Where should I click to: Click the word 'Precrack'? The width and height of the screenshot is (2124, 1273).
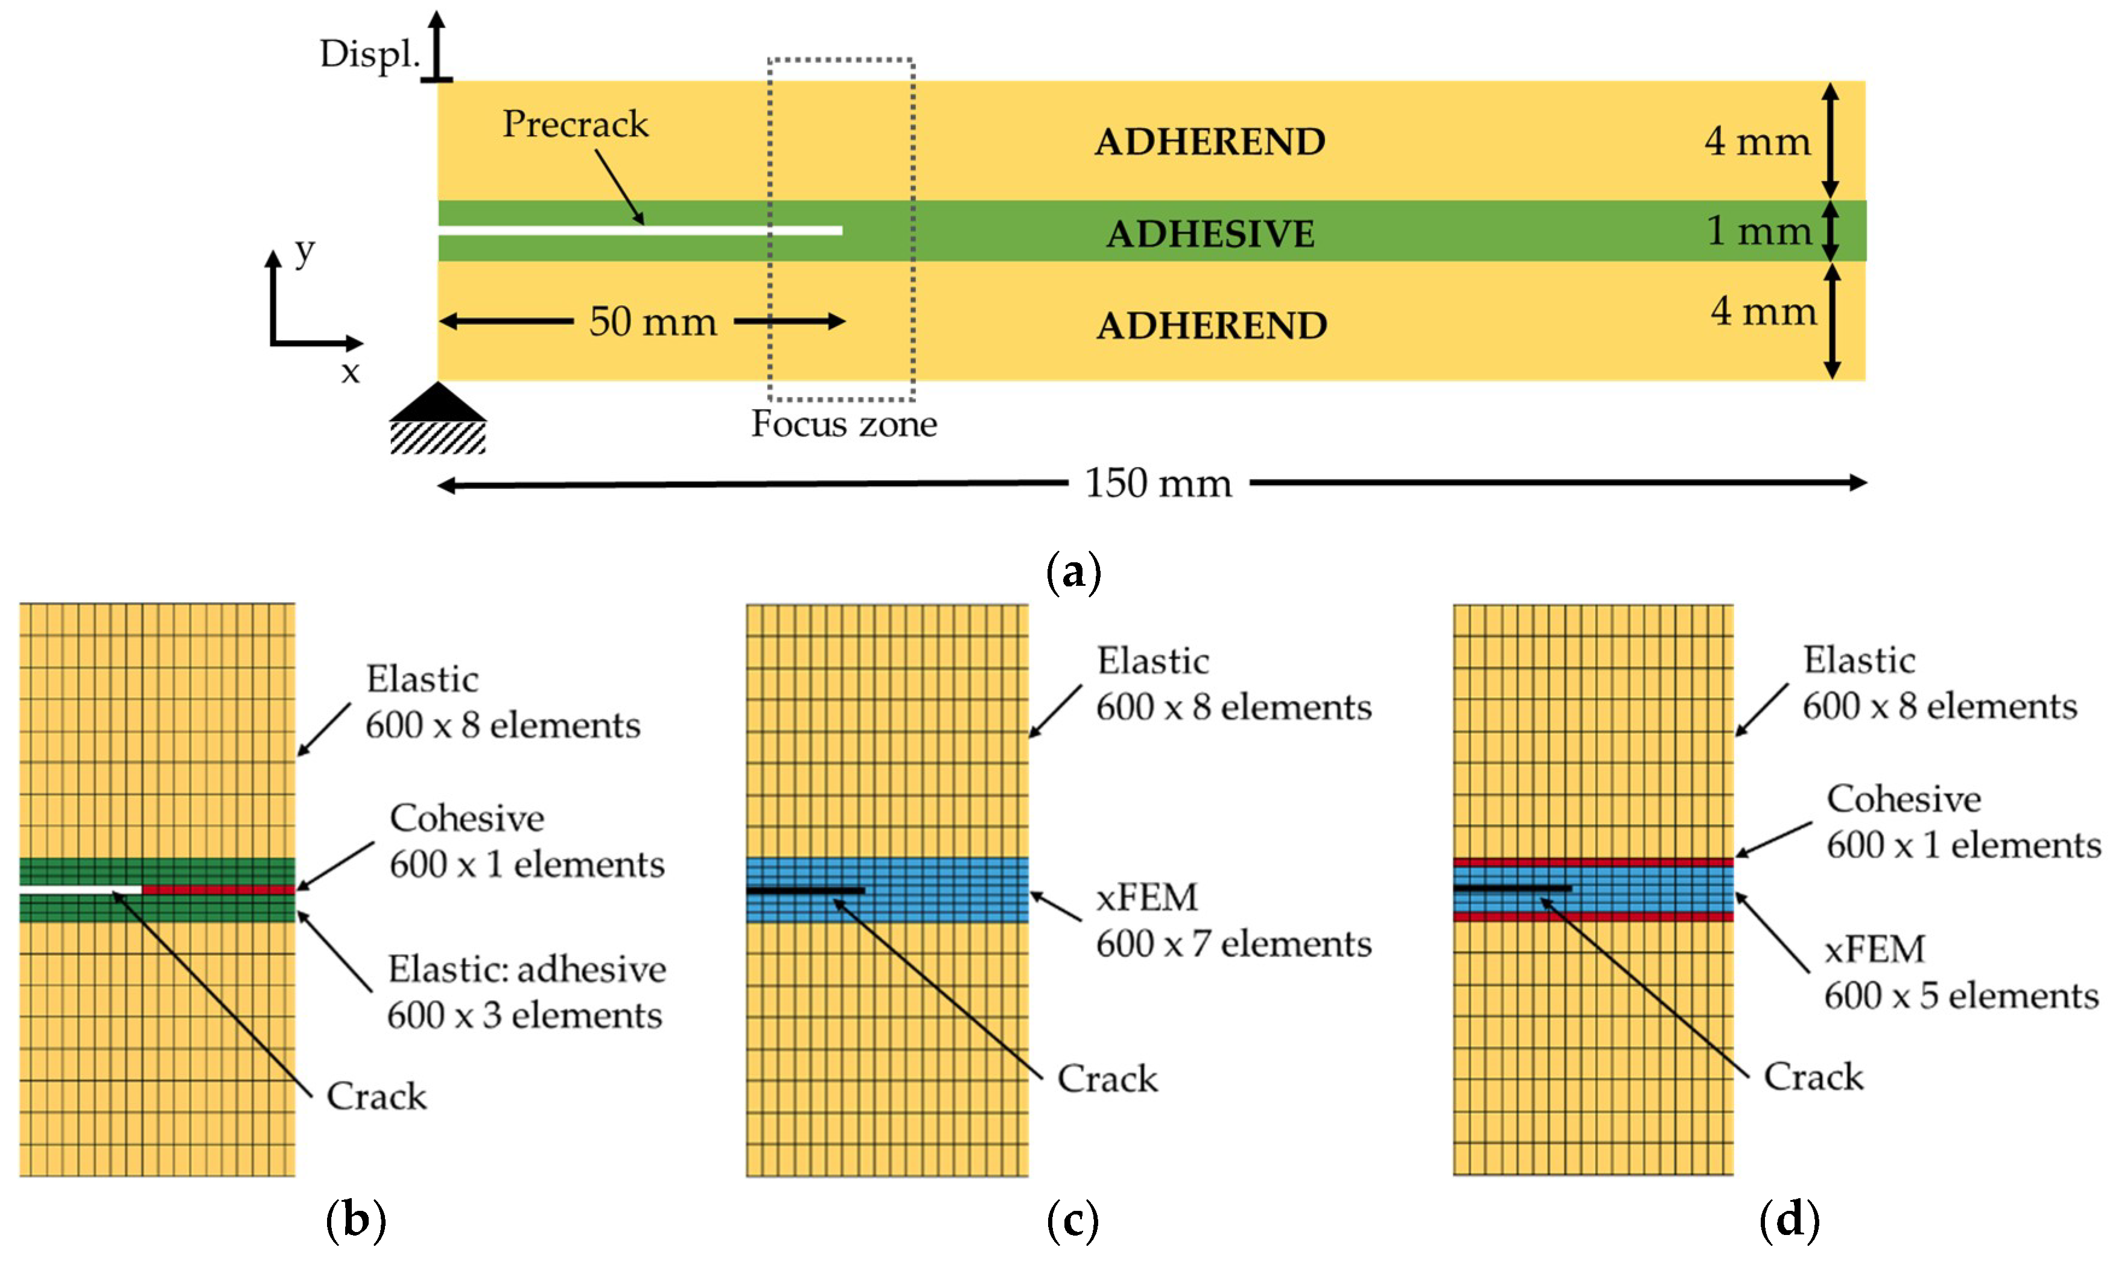[x=575, y=124]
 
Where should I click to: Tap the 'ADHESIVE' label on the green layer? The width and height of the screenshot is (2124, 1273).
[x=1210, y=234]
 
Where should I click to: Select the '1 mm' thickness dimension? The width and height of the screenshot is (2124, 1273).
[x=1758, y=230]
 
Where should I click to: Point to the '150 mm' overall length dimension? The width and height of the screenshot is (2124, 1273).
[x=1158, y=483]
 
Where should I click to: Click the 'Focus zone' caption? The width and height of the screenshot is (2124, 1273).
[x=844, y=424]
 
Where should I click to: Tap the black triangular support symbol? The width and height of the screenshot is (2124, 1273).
[x=438, y=402]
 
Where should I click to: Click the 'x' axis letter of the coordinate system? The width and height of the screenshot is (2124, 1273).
[x=350, y=372]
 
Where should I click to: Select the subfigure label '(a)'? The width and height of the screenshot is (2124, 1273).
[x=1073, y=572]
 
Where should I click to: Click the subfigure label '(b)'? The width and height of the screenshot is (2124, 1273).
[x=355, y=1219]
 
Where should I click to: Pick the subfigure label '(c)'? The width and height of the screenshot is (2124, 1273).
[x=1072, y=1219]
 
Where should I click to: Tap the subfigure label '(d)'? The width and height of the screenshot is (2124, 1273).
[x=1789, y=1219]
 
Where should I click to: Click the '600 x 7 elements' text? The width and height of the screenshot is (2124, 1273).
[x=1233, y=944]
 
